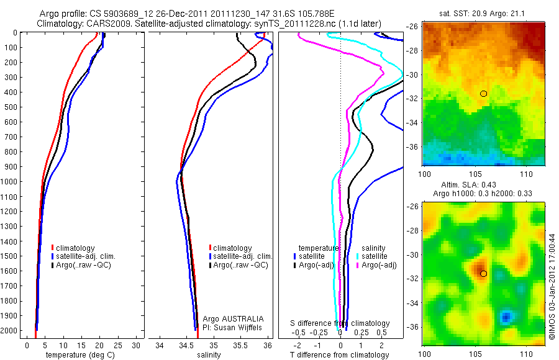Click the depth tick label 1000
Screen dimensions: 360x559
coord(11,182)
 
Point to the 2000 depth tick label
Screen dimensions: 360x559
coord(11,331)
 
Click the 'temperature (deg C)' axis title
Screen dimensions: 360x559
coord(80,355)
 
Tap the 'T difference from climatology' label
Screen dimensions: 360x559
coord(341,355)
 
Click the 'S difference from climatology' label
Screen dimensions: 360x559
coord(340,323)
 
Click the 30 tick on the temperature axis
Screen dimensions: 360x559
coord(137,345)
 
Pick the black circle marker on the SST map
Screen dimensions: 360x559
coord(483,94)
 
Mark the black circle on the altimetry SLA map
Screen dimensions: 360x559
coord(483,273)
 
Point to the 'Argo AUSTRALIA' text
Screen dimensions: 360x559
coord(229,318)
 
